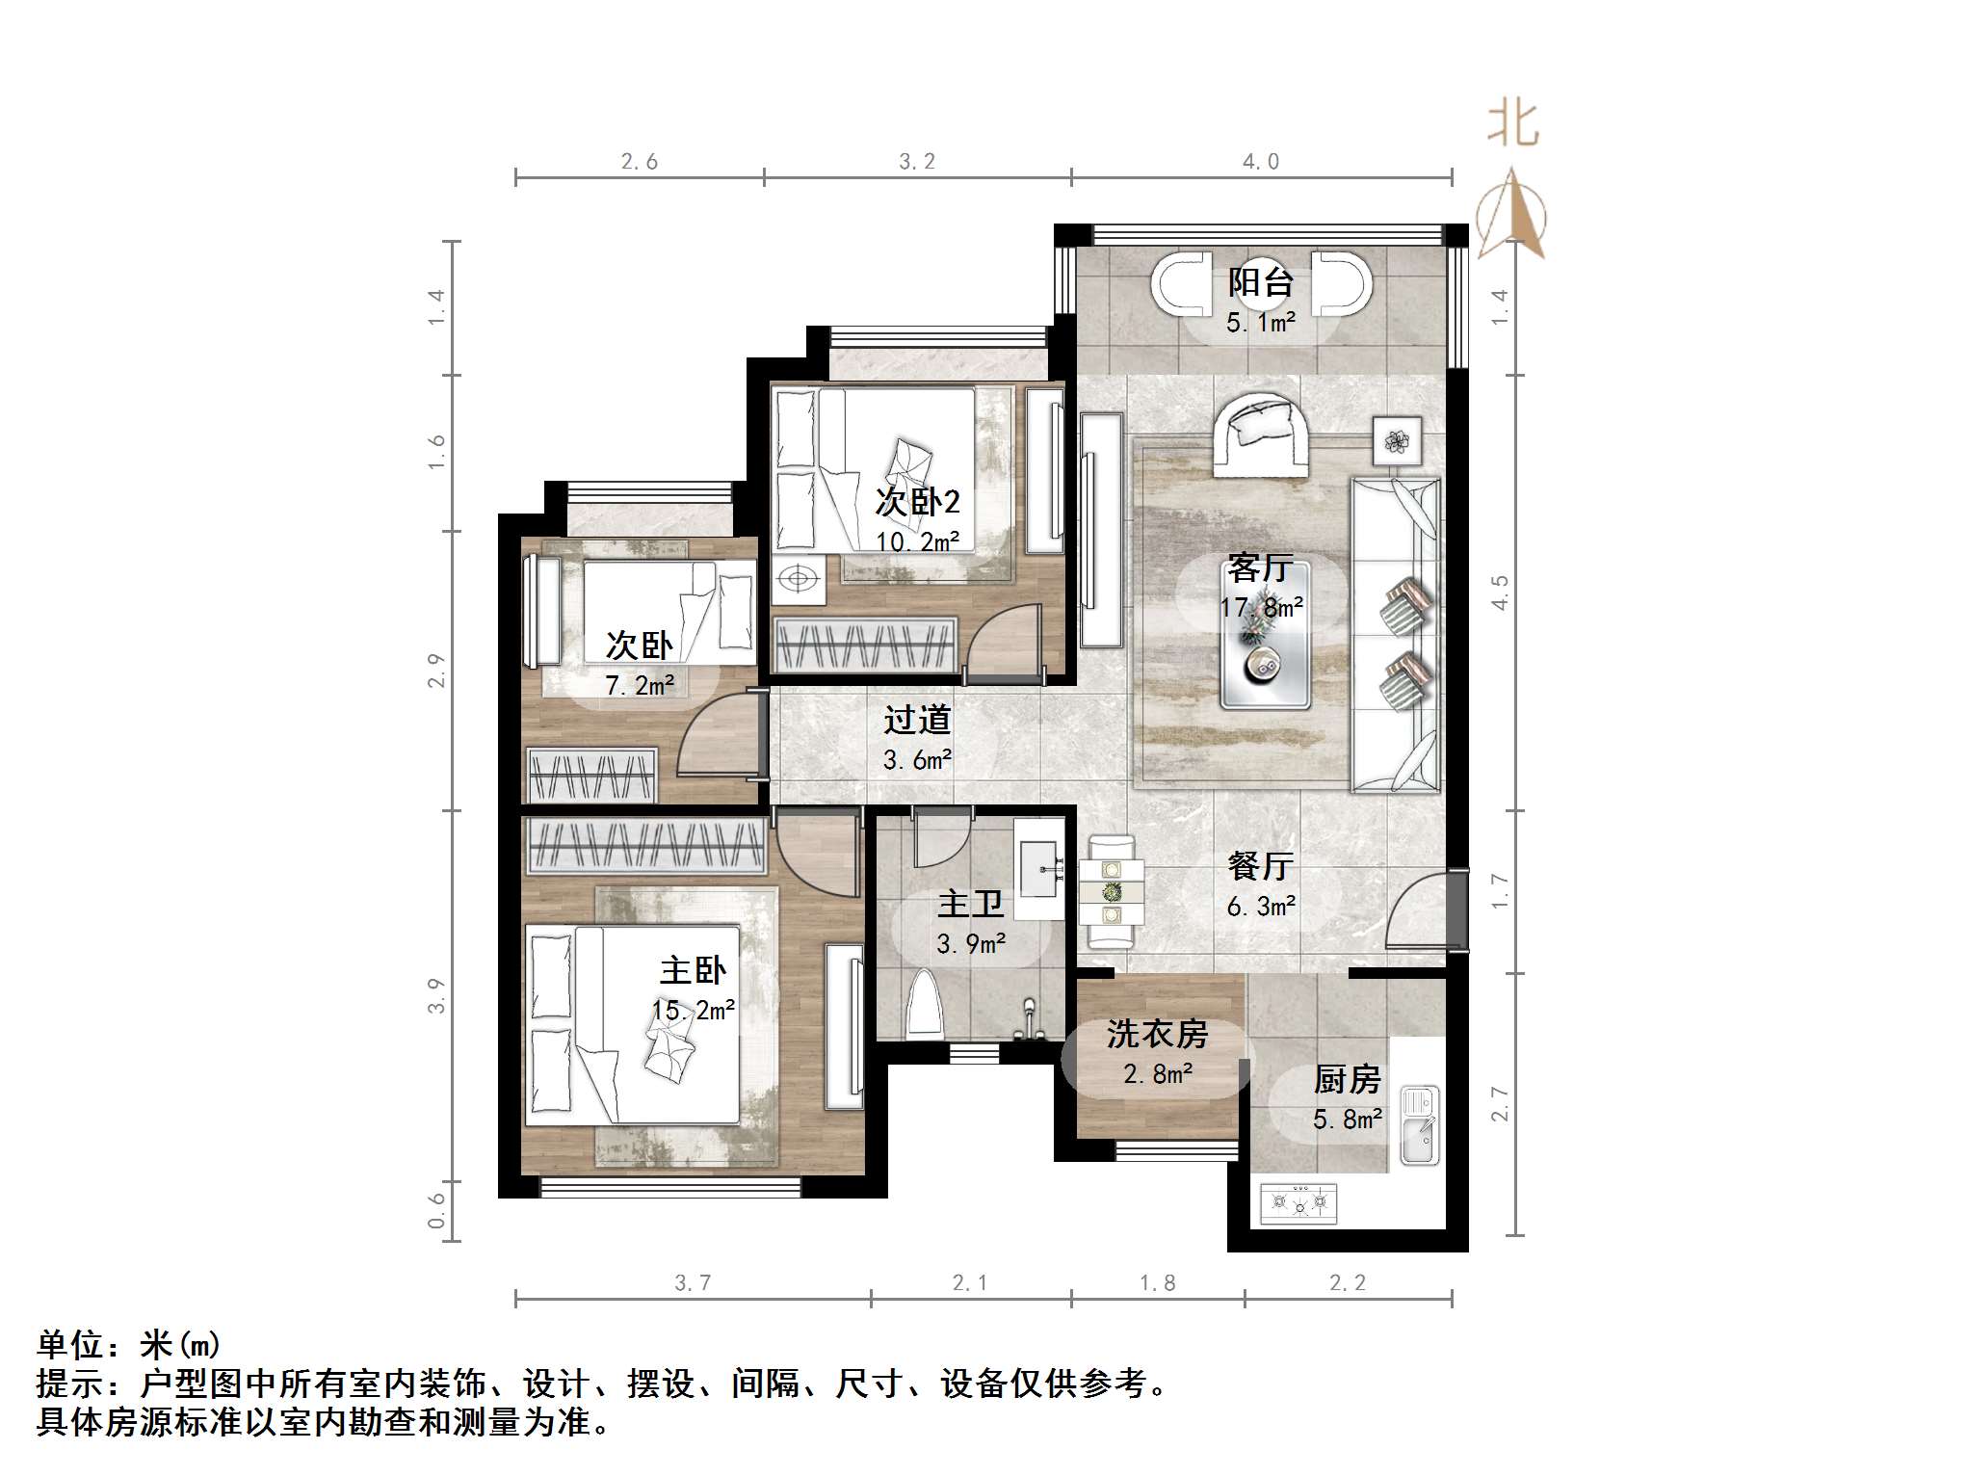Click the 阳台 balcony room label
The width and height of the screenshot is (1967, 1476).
[x=1260, y=282]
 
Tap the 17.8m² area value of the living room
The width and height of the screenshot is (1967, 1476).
[x=1261, y=607]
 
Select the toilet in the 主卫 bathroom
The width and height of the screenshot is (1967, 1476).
[x=927, y=1003]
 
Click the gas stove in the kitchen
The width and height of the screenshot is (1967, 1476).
[x=1298, y=1202]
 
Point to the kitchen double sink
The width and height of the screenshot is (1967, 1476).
[x=1418, y=1123]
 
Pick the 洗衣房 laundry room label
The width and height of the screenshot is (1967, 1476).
[x=1157, y=1034]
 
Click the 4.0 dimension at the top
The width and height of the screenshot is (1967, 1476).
[x=1261, y=162]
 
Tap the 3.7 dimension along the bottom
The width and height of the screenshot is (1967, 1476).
[x=693, y=1282]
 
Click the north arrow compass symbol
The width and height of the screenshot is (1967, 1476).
[x=1512, y=214]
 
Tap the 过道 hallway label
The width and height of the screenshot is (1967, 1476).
[x=917, y=719]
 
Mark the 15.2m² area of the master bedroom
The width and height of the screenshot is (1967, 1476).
[x=694, y=1010]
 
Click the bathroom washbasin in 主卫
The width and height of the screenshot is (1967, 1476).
[x=1038, y=867]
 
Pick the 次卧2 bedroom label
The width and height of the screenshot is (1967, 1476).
[x=917, y=501]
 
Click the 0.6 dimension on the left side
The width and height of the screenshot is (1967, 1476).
[x=437, y=1210]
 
